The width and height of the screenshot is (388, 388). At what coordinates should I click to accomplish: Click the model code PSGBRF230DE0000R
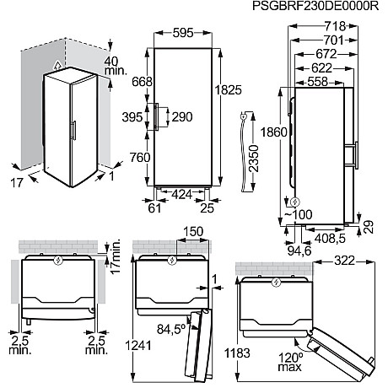pos(315,6)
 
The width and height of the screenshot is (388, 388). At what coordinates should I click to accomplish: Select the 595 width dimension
pos(183,33)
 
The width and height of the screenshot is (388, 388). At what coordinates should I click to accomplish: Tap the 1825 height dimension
pos(228,90)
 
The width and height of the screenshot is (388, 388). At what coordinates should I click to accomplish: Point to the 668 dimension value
pos(143,82)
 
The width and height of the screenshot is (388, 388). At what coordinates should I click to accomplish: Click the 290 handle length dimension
pos(182,116)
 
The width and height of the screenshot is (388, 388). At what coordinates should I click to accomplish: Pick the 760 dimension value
pos(140,158)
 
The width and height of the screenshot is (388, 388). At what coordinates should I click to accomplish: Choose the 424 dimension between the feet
pos(181,194)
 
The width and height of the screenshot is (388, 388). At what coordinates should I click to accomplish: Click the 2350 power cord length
pos(253,159)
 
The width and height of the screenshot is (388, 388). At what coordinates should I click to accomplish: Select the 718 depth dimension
pos(335,26)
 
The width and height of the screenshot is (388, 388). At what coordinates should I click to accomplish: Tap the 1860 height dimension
pos(274,132)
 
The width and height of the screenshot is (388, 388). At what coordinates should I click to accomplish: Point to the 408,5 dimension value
pos(330,239)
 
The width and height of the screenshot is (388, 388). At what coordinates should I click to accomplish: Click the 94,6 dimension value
pos(299,251)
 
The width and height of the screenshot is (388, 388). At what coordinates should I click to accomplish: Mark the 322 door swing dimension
pos(345,261)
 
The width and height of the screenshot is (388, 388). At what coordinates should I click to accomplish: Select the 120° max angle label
pos(291,362)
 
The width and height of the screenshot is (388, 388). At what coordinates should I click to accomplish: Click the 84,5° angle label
pos(171,329)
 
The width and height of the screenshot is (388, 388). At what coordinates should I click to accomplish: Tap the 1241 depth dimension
pos(138,346)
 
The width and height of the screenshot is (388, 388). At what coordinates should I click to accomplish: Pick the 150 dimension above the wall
pos(193,232)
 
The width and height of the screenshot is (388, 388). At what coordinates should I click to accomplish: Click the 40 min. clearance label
pos(116,66)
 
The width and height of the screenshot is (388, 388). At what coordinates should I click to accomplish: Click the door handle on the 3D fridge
pos(74,131)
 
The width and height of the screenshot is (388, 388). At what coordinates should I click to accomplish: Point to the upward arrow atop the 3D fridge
pos(57,65)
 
